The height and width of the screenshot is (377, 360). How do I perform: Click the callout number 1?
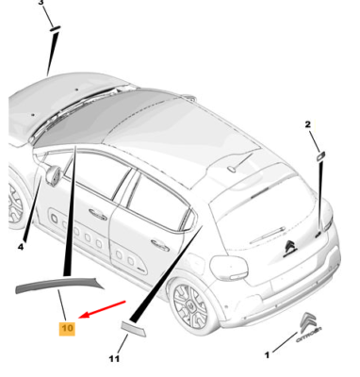point(266,355)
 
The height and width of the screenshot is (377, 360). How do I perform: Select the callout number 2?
point(307,123)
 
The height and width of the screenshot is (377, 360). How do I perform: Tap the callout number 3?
point(40,5)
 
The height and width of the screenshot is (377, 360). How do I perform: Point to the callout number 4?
point(20,246)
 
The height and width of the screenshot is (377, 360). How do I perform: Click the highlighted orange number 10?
point(67,328)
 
